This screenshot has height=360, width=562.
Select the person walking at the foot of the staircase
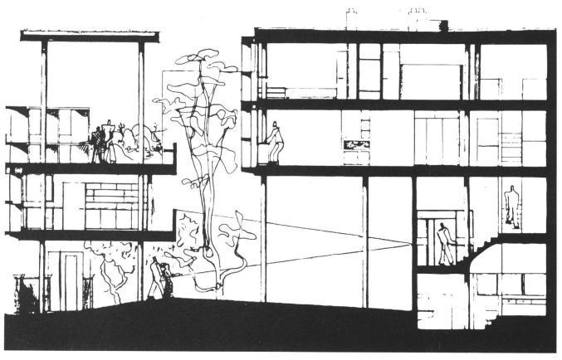[445, 244]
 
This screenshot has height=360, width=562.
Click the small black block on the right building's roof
[443, 25]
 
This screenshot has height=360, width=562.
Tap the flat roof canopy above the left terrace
[89, 36]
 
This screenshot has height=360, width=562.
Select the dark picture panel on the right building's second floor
[359, 144]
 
